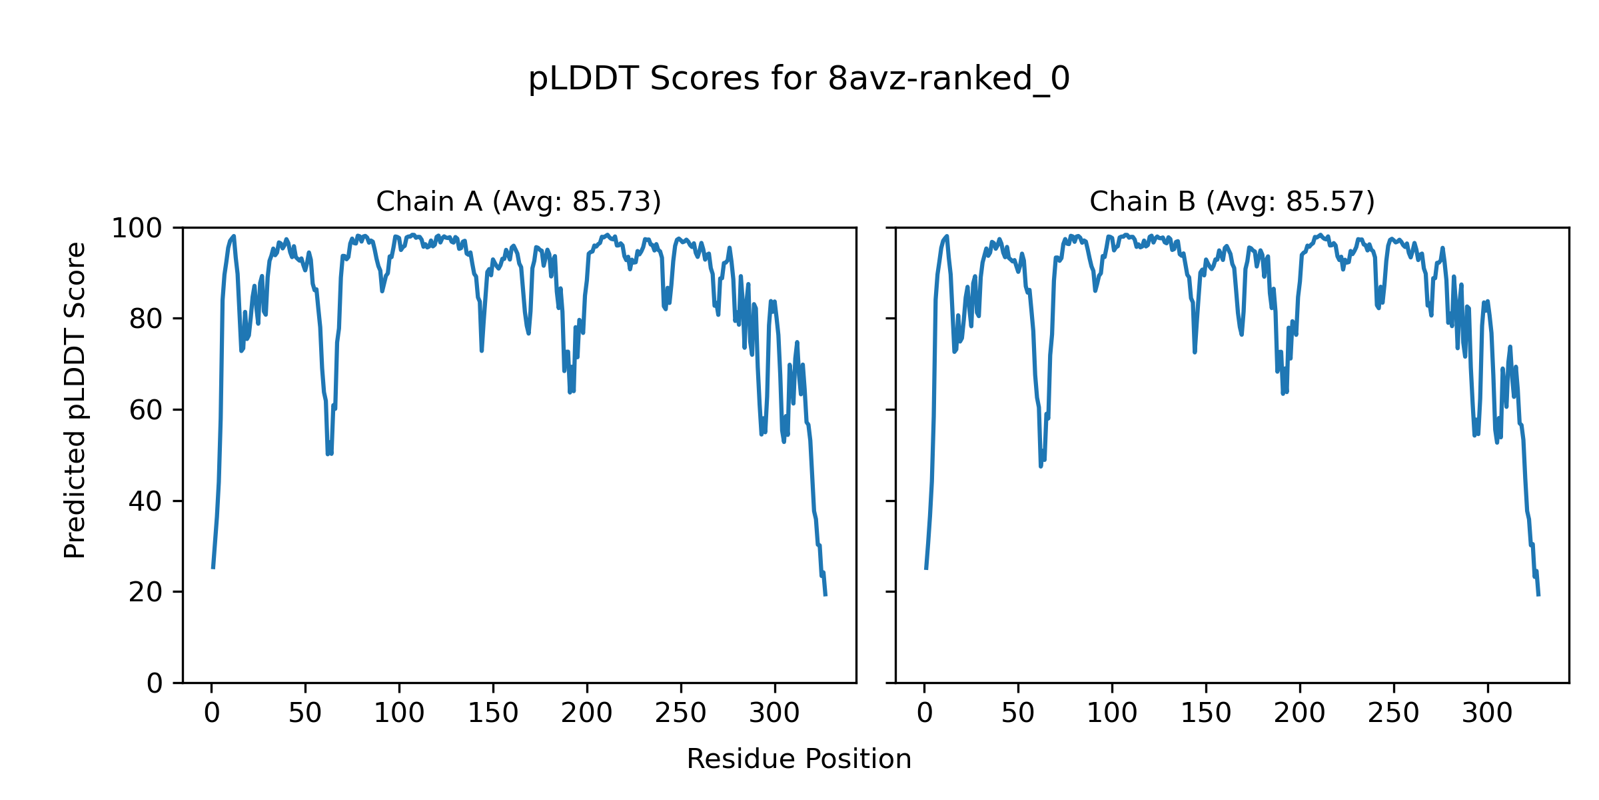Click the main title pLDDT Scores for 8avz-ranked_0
[x=799, y=79]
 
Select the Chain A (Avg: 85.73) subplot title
[x=518, y=201]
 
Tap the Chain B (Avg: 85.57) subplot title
[x=1232, y=201]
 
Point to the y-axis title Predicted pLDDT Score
[x=75, y=400]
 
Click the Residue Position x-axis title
[x=799, y=759]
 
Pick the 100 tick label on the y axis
[x=136, y=229]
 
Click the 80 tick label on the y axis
[x=145, y=319]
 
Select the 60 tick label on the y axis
[x=145, y=410]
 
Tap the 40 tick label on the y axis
[x=145, y=501]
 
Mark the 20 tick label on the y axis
[x=145, y=592]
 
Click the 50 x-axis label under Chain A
[x=305, y=713]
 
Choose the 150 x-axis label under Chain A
[x=493, y=713]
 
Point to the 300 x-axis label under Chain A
[x=774, y=713]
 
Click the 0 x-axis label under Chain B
[x=925, y=713]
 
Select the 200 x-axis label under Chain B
[x=1299, y=713]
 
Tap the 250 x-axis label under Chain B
[x=1393, y=713]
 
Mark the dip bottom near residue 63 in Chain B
[x=1041, y=465]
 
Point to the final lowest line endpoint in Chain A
[x=825, y=595]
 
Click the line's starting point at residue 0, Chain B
[x=925, y=568]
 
